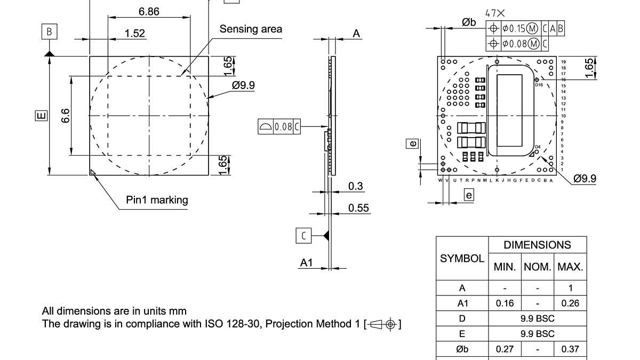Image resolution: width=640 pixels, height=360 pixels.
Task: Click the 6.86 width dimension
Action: coord(149,11)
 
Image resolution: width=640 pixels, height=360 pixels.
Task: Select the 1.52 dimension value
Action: coord(134,33)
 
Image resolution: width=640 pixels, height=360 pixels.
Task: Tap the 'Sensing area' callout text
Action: coord(251,29)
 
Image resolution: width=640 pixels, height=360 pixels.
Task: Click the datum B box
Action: coord(49,32)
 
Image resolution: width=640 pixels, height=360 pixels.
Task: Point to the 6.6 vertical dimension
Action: coord(65,116)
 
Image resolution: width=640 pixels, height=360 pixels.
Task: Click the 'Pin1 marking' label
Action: coord(157,200)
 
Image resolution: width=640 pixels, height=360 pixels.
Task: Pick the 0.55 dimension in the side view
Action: coord(359,208)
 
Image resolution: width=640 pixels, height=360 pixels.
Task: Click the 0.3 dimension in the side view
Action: coord(355,186)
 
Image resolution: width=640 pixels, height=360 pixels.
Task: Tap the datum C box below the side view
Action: coord(303,235)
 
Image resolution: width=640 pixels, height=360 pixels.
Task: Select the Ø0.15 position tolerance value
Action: coord(514,28)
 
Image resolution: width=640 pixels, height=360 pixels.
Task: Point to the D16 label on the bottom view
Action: coord(539,85)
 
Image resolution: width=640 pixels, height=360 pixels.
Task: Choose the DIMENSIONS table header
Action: coord(537,245)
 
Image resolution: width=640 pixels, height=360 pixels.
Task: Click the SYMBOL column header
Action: coord(462,259)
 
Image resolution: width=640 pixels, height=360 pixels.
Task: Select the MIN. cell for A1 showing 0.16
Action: coord(505,303)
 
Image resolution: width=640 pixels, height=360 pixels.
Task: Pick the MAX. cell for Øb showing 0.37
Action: coord(570,349)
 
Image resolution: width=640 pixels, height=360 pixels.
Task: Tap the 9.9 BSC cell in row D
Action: coord(537,318)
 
